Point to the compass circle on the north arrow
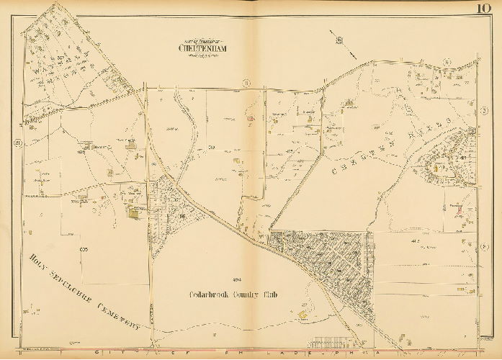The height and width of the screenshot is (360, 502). click(x=339, y=40)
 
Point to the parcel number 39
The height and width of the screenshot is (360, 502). click(x=212, y=147)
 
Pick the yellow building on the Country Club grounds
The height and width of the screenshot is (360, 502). click(x=303, y=314)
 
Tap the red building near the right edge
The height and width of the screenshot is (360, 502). click(x=458, y=210)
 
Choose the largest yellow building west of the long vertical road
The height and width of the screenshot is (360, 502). click(x=135, y=212)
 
